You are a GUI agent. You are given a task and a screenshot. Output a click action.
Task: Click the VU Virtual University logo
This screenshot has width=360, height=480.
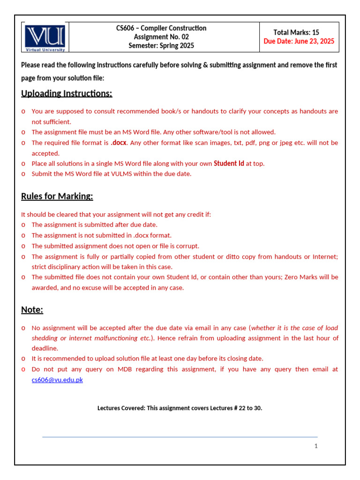coord(45,37)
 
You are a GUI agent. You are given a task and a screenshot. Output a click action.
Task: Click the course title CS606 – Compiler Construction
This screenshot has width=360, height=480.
coord(161,28)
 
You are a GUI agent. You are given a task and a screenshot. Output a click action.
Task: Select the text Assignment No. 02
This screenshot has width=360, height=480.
coord(161,37)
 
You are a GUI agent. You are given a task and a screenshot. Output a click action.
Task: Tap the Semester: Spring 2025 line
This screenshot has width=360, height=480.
coord(161,45)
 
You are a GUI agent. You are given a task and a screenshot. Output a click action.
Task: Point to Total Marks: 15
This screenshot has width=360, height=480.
coord(296,32)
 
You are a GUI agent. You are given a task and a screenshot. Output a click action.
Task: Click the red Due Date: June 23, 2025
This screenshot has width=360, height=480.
coord(299,41)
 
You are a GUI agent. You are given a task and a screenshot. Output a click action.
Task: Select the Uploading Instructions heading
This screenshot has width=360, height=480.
coord(67,93)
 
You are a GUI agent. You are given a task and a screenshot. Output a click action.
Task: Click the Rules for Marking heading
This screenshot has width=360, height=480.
coord(57,196)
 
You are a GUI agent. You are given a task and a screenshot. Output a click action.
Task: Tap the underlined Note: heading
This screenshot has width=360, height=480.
coord(32,310)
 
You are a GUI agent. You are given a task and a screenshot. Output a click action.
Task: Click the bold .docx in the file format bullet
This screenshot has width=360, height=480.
coord(119,142)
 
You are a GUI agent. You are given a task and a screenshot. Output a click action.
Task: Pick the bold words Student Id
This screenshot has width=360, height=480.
coord(229,164)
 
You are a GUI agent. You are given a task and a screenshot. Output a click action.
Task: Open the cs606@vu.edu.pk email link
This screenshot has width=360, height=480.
coord(57,380)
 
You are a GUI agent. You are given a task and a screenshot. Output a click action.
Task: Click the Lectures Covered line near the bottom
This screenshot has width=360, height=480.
coord(180,408)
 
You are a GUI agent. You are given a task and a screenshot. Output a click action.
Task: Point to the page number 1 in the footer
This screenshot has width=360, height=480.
coord(316,446)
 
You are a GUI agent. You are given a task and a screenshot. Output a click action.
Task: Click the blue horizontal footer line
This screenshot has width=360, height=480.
coord(180,437)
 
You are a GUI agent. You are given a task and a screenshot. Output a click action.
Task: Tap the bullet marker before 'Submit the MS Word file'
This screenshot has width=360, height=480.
coord(23,174)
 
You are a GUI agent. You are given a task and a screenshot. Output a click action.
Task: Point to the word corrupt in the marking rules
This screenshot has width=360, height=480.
coord(188,246)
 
